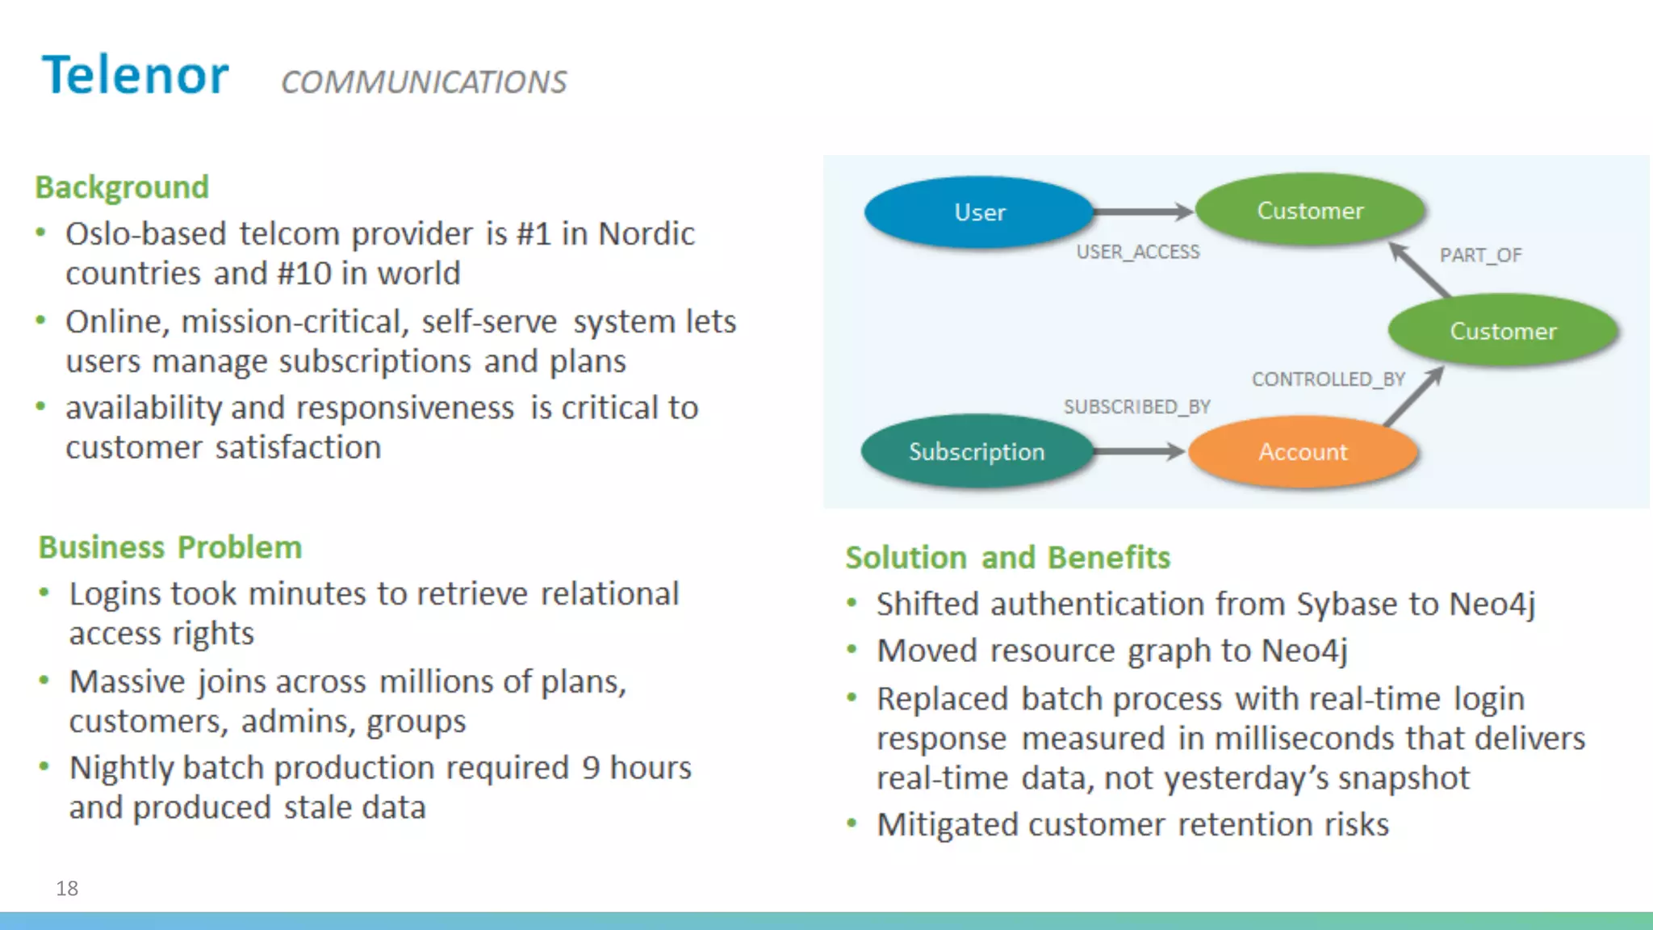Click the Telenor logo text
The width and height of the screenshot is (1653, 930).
point(136,75)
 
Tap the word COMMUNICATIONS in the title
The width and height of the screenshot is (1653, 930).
point(424,82)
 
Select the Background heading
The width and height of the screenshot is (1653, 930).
point(122,187)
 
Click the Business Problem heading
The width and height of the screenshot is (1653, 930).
point(170,547)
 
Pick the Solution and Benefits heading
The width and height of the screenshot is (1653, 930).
point(1007,558)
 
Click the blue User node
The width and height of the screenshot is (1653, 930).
point(979,212)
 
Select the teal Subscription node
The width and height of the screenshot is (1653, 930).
point(977,451)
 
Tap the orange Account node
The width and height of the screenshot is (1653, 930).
point(1303,451)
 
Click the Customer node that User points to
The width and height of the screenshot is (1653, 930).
point(1310,211)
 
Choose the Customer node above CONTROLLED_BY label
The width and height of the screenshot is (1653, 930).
point(1503,331)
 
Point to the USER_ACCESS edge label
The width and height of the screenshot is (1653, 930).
point(1138,252)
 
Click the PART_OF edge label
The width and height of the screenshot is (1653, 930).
point(1480,255)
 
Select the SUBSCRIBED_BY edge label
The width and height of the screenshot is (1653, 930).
point(1136,407)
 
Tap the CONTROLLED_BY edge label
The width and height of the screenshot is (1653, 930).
point(1329,379)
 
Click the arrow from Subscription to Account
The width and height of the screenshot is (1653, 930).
point(1138,451)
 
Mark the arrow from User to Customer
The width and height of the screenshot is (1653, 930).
point(1142,212)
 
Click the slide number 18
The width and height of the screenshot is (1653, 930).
point(67,888)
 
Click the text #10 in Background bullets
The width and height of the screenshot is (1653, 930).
point(303,274)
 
